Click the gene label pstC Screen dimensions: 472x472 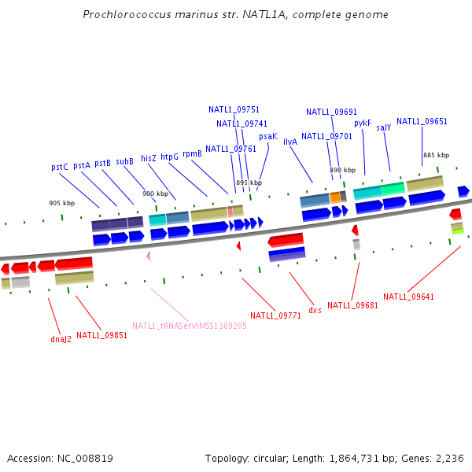pyautogui.click(x=60, y=167)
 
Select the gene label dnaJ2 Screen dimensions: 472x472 pyautogui.click(x=61, y=340)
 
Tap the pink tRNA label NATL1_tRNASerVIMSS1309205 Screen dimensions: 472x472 pyautogui.click(x=190, y=326)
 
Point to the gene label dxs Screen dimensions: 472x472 pyautogui.click(x=315, y=310)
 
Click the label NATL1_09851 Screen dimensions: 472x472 pyautogui.click(x=101, y=335)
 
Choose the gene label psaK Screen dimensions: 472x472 pyautogui.click(x=267, y=136)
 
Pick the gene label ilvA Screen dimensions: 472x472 pyautogui.click(x=289, y=142)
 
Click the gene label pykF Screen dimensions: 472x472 pyautogui.click(x=362, y=123)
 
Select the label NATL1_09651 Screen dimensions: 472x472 pyautogui.click(x=422, y=121)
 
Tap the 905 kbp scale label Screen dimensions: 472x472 pyautogui.click(x=61, y=203)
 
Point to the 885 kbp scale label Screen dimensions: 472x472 pyautogui.click(x=436, y=155)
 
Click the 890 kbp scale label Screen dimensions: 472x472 pyautogui.click(x=342, y=170)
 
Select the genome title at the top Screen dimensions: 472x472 pyautogui.click(x=235, y=15)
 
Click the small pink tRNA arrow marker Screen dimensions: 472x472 pyautogui.click(x=148, y=256)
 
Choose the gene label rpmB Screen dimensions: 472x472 pyautogui.click(x=192, y=154)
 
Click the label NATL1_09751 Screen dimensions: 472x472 pyautogui.click(x=234, y=109)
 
